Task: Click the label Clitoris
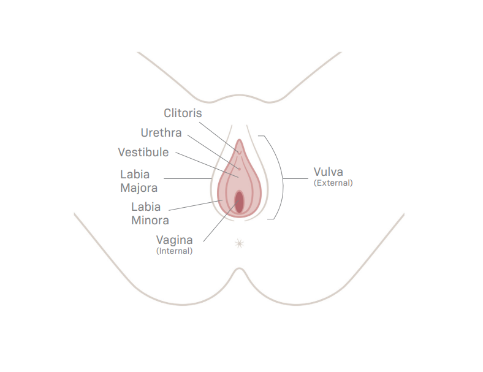click(x=183, y=113)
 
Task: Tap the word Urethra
click(x=161, y=133)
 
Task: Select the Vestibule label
click(x=143, y=152)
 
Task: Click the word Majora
click(x=139, y=188)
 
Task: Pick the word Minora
click(x=150, y=221)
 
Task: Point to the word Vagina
click(x=174, y=240)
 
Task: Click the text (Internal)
click(x=174, y=251)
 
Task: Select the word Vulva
click(x=329, y=172)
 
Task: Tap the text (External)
click(x=333, y=183)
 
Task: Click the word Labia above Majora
click(x=135, y=175)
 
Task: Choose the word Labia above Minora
click(x=146, y=207)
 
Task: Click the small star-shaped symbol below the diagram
click(x=239, y=244)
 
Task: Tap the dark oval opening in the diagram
click(x=239, y=202)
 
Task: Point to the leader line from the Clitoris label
click(x=219, y=137)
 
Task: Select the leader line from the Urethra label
click(x=213, y=152)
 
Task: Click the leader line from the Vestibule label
click(x=207, y=165)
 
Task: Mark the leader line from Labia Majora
click(x=188, y=178)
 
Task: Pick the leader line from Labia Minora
click(x=196, y=205)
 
